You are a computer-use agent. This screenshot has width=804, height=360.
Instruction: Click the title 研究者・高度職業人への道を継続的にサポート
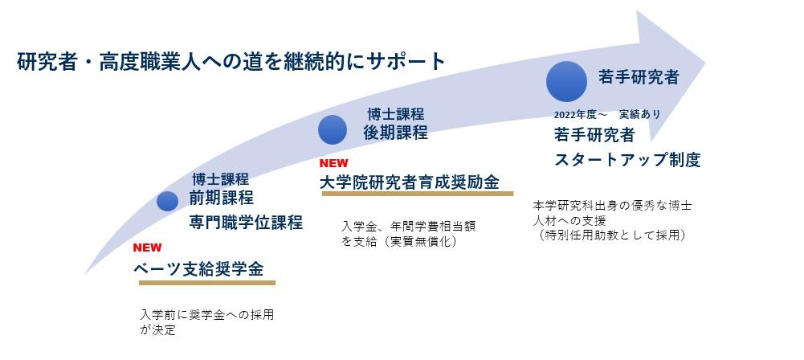coord(231,62)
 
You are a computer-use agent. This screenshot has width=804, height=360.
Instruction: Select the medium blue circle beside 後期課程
coord(332,129)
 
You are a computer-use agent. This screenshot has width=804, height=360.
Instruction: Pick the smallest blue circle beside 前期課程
coord(167,202)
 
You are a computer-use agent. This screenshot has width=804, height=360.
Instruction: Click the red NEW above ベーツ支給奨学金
coord(148,247)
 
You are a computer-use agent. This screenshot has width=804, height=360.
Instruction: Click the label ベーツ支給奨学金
coord(198,268)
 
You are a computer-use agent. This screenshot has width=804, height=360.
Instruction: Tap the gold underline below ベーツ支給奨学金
coord(205,283)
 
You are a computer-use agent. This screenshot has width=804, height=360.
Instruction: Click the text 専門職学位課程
coord(246,223)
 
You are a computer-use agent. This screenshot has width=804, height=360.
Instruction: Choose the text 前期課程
coord(221,198)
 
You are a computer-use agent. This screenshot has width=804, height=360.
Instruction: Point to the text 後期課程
coord(395,133)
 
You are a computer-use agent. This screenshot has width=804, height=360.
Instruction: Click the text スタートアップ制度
coord(627,159)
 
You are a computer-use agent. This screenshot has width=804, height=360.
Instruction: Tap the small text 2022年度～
coord(579,114)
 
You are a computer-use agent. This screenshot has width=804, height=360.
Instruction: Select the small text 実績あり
coord(639,114)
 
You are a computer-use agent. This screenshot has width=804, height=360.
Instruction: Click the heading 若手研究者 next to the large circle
coord(639,77)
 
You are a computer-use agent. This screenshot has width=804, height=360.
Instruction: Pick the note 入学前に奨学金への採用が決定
coord(206,321)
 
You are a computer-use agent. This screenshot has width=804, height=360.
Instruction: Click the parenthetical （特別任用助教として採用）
coord(614,235)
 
